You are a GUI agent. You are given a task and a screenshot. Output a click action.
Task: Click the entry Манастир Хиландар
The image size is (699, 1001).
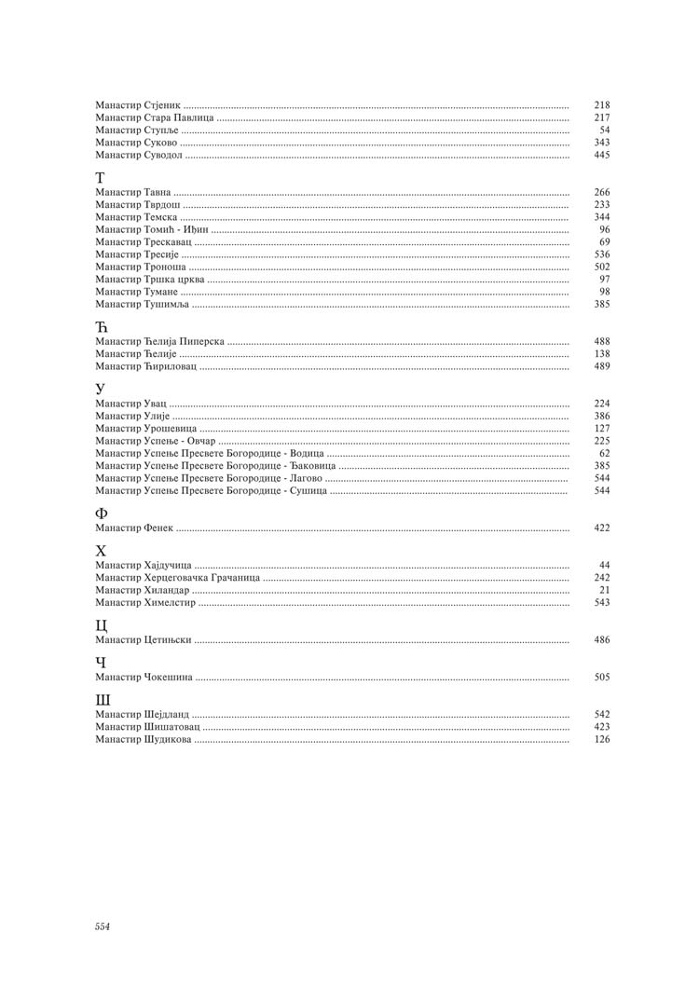tap(142, 590)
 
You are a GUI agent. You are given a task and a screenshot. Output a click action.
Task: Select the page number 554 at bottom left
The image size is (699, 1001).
tap(103, 926)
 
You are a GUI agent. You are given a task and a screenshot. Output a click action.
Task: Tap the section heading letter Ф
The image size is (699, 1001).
tap(102, 514)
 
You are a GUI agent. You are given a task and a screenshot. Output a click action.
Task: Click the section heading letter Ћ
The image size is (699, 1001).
tap(103, 327)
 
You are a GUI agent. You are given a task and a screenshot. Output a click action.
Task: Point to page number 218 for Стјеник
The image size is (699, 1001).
tap(602, 105)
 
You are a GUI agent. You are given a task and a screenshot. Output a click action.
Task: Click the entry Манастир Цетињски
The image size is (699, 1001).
tap(144, 640)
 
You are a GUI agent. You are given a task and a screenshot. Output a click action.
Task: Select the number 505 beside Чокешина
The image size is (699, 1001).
tap(602, 678)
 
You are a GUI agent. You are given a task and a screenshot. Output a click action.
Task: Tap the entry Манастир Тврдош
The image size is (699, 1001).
tap(137, 204)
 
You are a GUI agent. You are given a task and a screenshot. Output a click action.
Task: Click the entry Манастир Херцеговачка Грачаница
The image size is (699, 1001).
tap(177, 578)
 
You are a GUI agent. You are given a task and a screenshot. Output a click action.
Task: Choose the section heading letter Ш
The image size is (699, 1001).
tap(103, 700)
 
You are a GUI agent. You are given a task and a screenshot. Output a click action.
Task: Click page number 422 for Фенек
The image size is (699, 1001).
tap(602, 528)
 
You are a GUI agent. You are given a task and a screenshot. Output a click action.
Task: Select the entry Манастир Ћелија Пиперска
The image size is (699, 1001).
tap(159, 342)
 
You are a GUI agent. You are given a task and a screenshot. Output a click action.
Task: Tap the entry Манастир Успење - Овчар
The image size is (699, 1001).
tap(155, 441)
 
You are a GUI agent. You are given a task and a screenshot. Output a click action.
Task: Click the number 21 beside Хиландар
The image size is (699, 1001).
tap(605, 590)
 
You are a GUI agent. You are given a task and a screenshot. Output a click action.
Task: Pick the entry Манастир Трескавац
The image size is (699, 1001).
tap(144, 241)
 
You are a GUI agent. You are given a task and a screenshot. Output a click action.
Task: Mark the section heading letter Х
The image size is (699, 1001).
tap(102, 551)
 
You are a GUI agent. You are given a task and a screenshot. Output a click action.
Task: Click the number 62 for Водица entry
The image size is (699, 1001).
tap(605, 453)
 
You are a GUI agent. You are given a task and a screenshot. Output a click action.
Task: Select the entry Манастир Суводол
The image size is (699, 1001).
tap(140, 155)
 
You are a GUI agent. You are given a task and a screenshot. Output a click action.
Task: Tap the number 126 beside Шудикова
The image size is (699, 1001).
tap(602, 739)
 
